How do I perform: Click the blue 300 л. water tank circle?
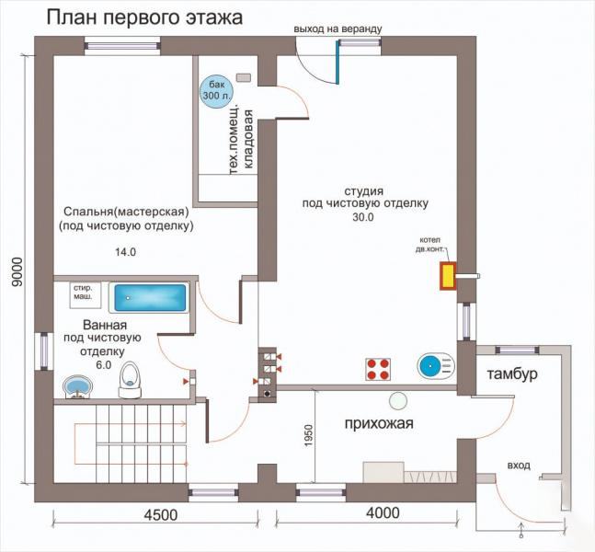point(216,91)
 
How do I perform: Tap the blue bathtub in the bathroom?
point(150,298)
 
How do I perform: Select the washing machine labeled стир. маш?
point(86,294)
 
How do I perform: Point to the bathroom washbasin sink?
point(77,386)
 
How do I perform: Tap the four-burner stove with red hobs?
point(378,370)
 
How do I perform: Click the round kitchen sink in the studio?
point(436,366)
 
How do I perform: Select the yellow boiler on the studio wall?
point(448,276)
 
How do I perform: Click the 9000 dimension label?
point(17,272)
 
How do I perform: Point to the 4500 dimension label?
point(161,515)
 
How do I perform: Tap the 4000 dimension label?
point(383,513)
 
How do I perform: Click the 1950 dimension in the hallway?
point(308,435)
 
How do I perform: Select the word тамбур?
point(512,374)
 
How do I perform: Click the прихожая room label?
point(379,423)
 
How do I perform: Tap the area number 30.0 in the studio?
point(363,217)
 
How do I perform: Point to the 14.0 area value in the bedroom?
point(126,252)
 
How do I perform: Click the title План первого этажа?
point(144,17)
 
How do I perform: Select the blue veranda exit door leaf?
point(338,62)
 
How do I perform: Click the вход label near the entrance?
point(519,466)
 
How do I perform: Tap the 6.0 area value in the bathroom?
point(104,365)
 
